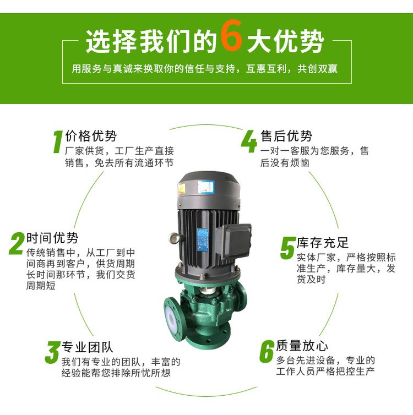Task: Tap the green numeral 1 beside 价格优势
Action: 58,141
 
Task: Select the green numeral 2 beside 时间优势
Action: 17,243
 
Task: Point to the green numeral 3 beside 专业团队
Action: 52,352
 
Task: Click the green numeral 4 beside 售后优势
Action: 249,141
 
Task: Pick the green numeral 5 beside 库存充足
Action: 287,248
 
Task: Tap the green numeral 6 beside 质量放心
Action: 267,351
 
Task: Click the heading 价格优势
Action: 91,136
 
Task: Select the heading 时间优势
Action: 52,238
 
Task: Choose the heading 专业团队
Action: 88,347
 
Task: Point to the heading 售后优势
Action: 286,136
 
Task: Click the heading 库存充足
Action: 323,243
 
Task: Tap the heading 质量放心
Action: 302,346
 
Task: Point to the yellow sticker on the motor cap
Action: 181,188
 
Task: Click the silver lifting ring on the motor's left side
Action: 173,238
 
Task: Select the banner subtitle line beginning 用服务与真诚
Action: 205,69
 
